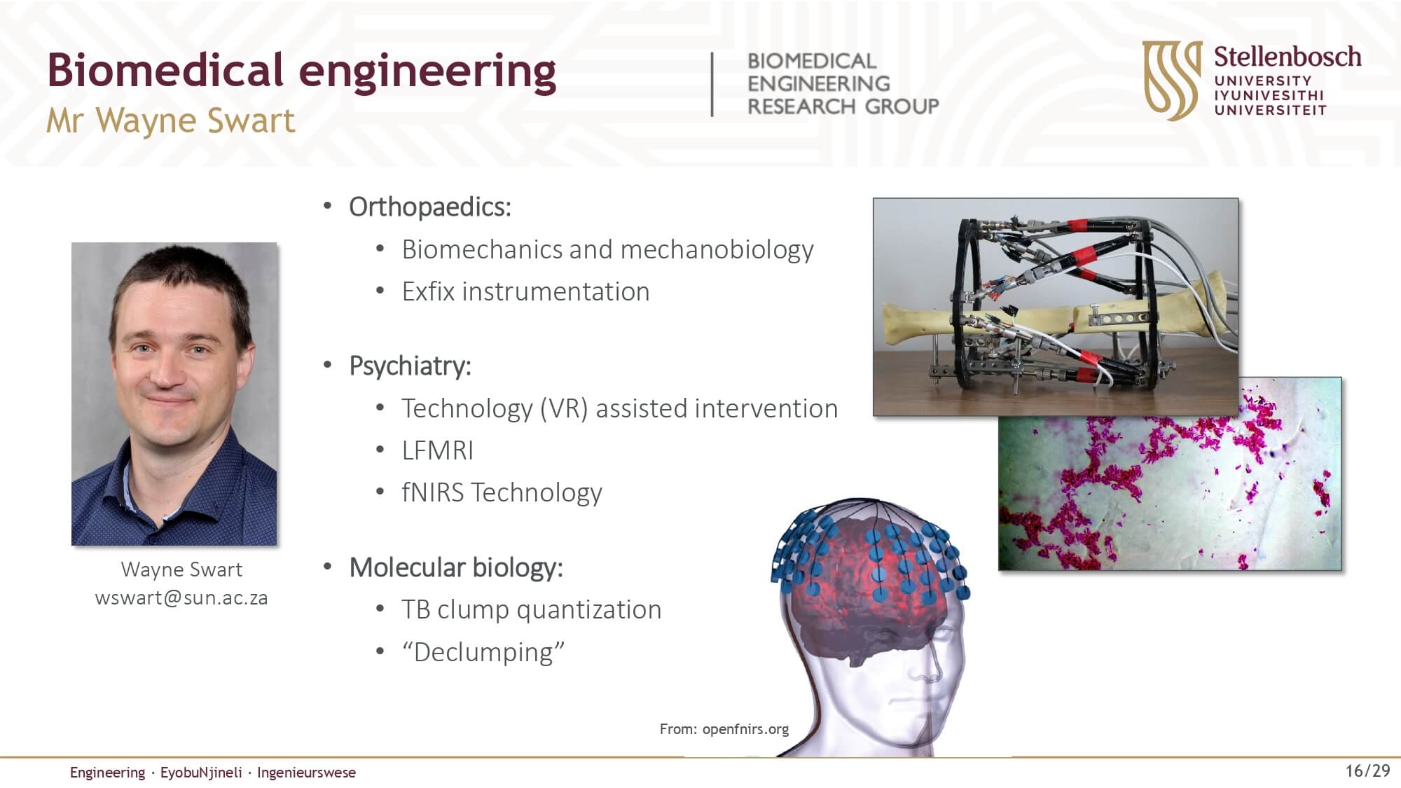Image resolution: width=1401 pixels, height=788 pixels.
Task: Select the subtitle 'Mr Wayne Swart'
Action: (x=170, y=120)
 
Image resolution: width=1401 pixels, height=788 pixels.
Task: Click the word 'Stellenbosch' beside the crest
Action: (x=1288, y=57)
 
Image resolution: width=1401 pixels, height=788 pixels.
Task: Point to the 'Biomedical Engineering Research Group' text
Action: (x=843, y=83)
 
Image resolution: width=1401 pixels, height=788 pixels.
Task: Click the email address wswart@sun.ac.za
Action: (x=181, y=597)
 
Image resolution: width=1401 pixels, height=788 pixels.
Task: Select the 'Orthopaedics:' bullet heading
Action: (x=430, y=207)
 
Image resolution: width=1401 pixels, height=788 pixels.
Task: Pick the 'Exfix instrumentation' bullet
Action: (x=525, y=291)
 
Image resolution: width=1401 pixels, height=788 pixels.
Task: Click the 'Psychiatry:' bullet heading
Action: (x=410, y=366)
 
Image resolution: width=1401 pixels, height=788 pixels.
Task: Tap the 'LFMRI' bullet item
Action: (x=437, y=450)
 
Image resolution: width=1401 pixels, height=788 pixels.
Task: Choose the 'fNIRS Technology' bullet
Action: (x=502, y=492)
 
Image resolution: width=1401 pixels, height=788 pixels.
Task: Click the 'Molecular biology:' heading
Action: (x=456, y=567)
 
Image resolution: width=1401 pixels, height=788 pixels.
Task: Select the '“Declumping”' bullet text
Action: (x=483, y=652)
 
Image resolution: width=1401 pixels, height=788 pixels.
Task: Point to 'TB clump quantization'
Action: (x=531, y=609)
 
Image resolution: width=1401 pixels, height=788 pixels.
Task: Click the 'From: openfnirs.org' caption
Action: (x=724, y=729)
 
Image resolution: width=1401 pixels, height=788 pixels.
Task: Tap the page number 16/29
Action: (x=1367, y=771)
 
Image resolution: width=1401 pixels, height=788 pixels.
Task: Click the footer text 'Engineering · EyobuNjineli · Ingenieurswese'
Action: (x=213, y=773)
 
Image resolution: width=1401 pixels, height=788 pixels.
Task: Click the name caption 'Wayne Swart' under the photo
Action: (x=181, y=569)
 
